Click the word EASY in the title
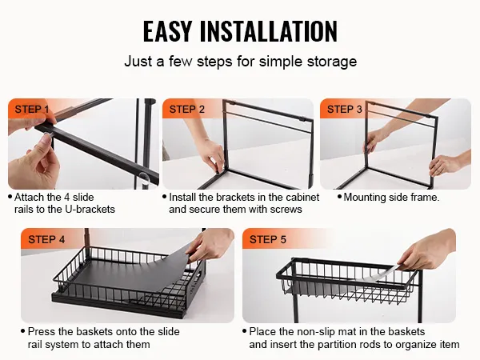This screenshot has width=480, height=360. (167, 31)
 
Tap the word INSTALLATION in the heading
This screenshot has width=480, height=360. (269, 31)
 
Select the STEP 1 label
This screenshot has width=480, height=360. (32, 110)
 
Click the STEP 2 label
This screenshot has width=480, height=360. (186, 110)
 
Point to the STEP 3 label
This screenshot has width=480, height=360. (344, 110)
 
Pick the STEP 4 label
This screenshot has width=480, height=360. (46, 239)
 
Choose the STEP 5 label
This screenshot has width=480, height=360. (267, 239)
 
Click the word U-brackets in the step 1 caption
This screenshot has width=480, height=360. (90, 210)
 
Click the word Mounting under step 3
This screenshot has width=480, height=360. (365, 198)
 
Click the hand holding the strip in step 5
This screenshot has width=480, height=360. (429, 250)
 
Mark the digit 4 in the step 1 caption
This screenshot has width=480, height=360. (66, 197)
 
